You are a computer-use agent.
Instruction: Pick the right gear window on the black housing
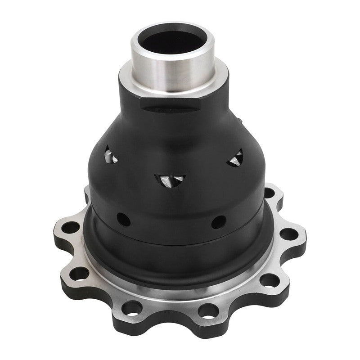235,158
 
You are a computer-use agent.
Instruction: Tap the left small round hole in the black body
124,219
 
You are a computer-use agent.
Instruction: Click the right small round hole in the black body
219,222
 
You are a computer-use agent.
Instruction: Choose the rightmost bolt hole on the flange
288,235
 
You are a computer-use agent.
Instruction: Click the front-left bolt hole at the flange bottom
133,308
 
